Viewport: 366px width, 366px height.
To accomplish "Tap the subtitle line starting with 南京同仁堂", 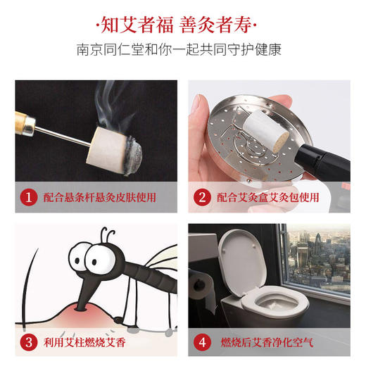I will click(x=183, y=51).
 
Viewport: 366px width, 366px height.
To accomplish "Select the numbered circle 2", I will click(x=203, y=198).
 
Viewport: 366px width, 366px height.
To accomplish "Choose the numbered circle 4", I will click(x=203, y=344).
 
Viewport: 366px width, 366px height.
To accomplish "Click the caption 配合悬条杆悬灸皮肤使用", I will click(x=99, y=198).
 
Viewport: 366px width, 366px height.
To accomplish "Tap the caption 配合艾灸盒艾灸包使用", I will click(x=271, y=198).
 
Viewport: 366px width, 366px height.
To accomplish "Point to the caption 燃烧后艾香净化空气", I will click(x=267, y=344).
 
